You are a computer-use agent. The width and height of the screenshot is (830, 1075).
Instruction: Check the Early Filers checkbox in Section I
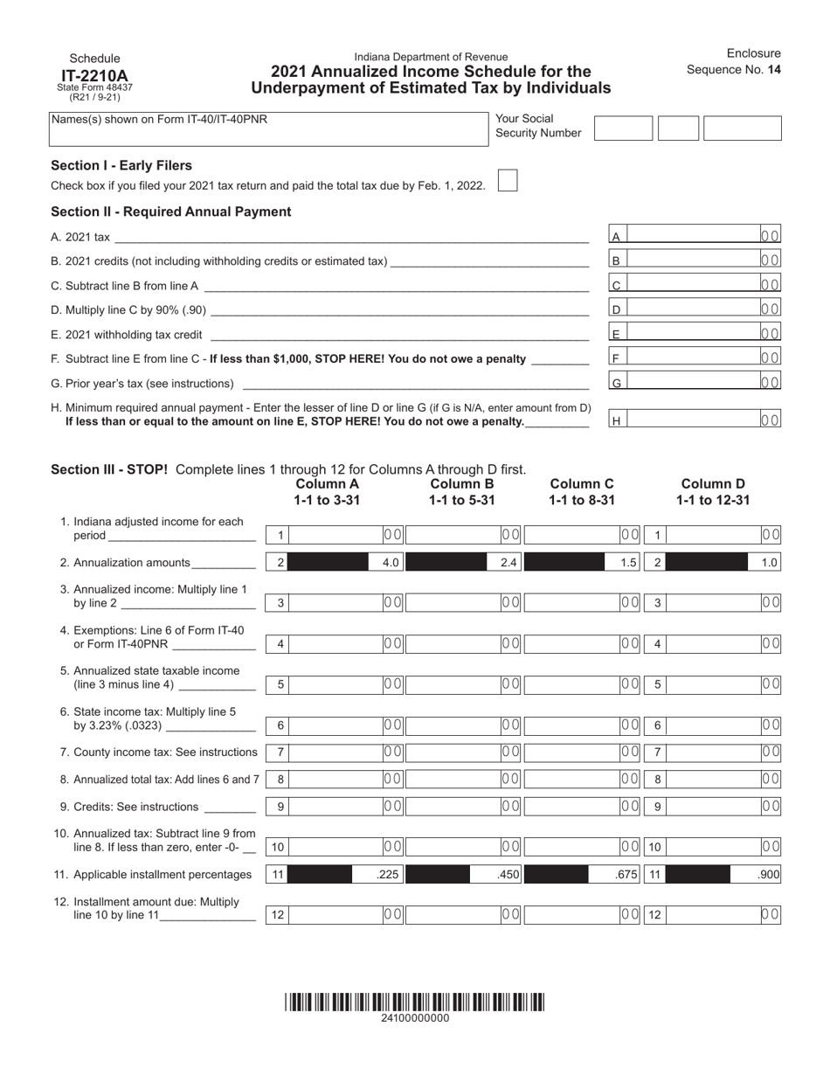click(507, 180)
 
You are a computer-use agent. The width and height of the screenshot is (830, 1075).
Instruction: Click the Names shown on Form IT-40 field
click(268, 128)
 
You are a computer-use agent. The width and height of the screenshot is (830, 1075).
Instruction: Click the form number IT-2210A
click(94, 75)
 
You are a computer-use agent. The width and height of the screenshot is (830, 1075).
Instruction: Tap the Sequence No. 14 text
click(733, 70)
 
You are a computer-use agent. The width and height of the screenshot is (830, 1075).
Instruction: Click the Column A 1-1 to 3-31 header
click(327, 492)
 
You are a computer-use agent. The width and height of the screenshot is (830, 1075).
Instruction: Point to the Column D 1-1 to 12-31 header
click(713, 492)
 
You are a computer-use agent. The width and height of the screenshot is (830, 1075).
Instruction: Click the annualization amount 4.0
click(391, 563)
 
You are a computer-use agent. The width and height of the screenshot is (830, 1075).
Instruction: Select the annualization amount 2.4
click(508, 563)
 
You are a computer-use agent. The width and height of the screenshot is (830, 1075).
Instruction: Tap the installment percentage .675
click(627, 874)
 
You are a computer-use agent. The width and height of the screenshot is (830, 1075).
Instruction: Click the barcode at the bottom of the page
click(414, 1002)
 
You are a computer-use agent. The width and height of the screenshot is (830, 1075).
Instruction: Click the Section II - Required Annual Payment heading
click(171, 212)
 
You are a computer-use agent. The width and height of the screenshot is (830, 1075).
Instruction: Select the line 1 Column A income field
click(335, 535)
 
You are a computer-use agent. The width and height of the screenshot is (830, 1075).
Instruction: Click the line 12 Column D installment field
click(713, 915)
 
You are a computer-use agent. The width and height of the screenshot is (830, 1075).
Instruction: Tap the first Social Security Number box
click(623, 128)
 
